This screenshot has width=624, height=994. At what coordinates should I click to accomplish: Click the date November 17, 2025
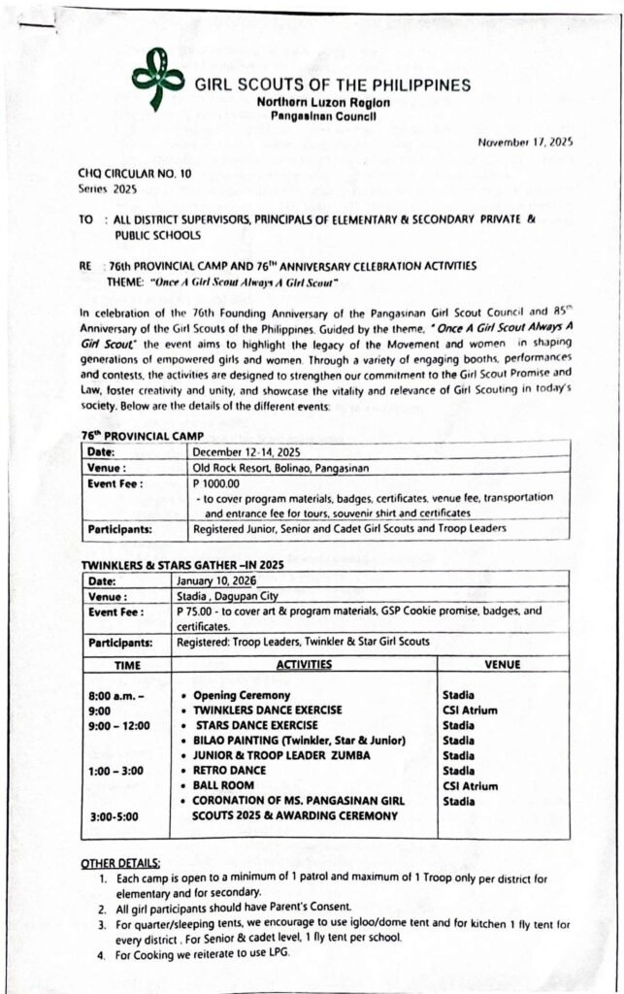click(525, 142)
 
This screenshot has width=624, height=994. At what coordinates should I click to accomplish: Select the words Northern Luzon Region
click(315, 102)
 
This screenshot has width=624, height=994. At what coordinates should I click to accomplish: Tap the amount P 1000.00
click(215, 482)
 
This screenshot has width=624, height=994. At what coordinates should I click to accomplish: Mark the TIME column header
click(127, 665)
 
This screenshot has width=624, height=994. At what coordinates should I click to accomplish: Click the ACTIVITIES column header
click(304, 665)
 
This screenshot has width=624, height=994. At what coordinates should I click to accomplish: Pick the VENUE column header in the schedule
click(502, 665)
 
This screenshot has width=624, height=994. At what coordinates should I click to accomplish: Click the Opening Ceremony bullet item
click(242, 696)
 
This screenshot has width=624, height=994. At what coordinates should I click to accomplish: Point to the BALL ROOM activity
click(224, 786)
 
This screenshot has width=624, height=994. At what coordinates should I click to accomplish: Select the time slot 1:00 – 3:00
click(115, 771)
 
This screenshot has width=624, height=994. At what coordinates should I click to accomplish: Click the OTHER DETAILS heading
click(121, 863)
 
